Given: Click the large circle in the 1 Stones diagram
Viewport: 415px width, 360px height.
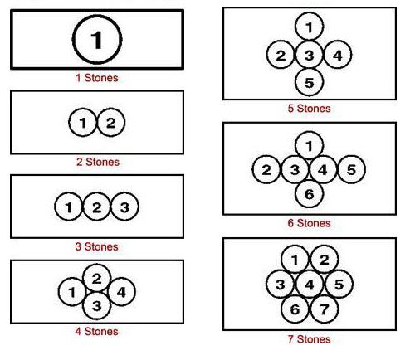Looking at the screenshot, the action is (97, 40).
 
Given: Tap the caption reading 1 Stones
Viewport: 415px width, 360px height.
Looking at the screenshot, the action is (97, 78).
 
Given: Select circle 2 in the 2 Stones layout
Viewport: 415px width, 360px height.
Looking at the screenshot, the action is (111, 122).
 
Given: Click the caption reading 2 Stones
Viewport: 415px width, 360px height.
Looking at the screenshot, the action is (98, 162).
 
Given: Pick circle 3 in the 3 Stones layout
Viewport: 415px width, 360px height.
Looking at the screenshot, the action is (124, 207).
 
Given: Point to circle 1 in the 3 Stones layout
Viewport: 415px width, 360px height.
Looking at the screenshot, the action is (68, 207).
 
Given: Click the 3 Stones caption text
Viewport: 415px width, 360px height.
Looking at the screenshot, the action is (97, 246).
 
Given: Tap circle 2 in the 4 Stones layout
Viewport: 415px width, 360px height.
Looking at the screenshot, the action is (96, 278).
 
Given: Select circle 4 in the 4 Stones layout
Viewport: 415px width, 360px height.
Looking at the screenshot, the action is (121, 292).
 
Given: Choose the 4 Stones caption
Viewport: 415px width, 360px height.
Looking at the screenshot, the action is (96, 332).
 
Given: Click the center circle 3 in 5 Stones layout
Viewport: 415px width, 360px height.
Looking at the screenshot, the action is (309, 55).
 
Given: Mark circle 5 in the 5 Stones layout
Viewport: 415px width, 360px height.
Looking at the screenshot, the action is (309, 82).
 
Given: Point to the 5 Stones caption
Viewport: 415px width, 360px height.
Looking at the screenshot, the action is (309, 109).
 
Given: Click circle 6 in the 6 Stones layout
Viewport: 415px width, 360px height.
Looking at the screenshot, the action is (309, 193).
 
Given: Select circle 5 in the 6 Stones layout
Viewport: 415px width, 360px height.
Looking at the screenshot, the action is (351, 169).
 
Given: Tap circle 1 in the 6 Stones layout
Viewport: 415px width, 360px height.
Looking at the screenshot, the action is (309, 145).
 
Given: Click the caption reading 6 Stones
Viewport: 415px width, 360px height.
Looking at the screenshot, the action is (309, 223).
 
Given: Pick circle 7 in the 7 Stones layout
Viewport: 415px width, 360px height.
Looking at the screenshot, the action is (325, 309).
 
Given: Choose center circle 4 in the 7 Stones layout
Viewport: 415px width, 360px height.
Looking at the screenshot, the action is (310, 285).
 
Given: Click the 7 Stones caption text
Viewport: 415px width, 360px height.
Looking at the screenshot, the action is (309, 339).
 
